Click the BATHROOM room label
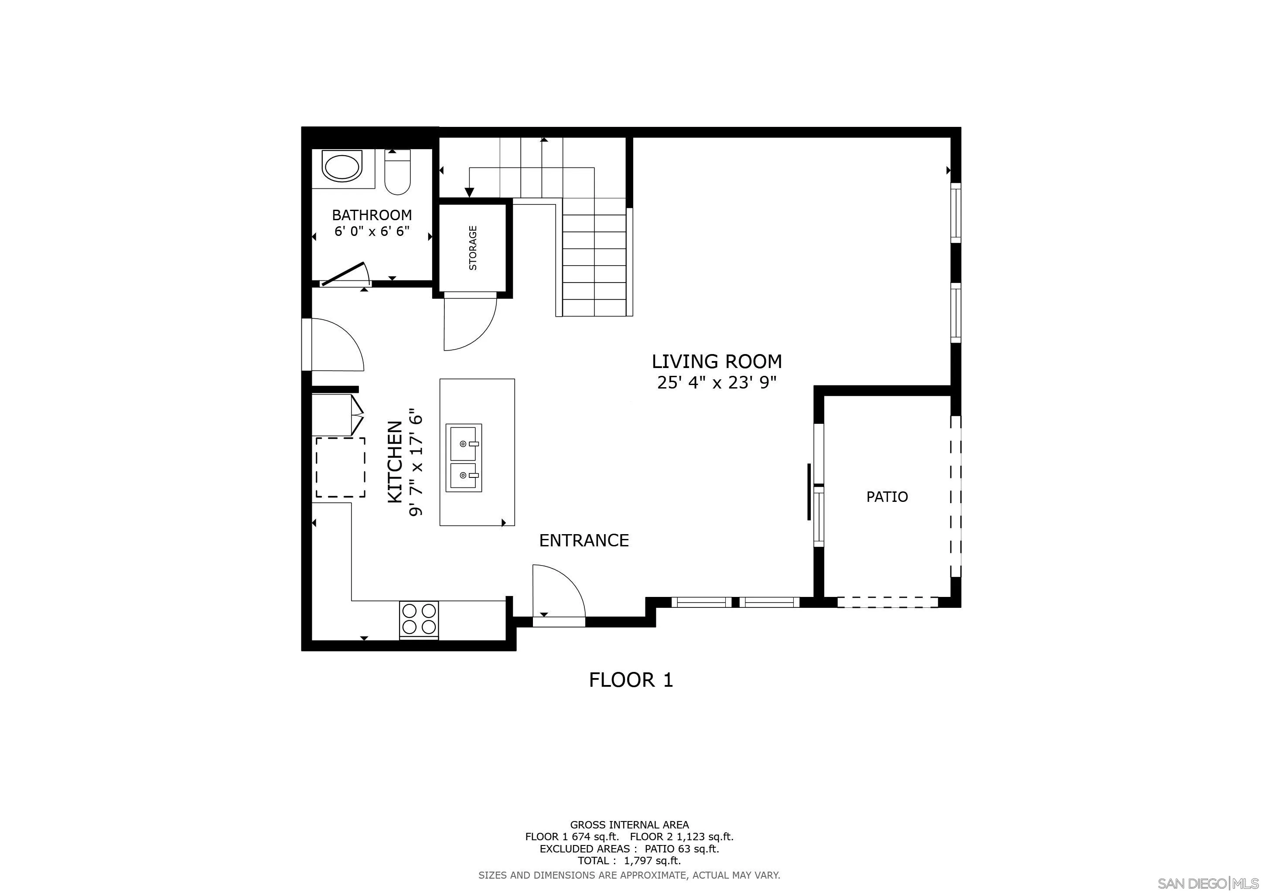pos(372,215)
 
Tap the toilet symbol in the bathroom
pos(397,173)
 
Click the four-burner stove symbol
pos(419,619)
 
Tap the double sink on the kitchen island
pos(464,458)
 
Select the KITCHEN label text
pos(396,462)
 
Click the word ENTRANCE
pos(584,541)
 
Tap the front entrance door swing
pos(556,593)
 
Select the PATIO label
pos(887,497)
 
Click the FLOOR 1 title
pos(631,681)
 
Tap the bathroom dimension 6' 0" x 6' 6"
pos(372,232)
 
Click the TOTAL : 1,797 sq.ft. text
pos(629,861)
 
